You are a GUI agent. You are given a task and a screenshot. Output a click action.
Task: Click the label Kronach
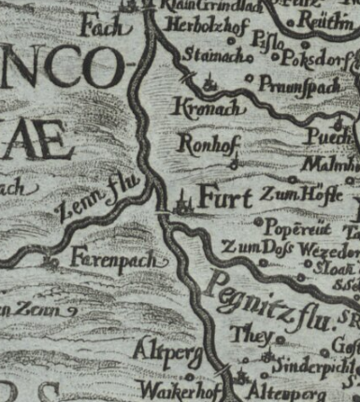209,109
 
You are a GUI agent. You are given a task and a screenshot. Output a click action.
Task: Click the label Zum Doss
257,247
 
